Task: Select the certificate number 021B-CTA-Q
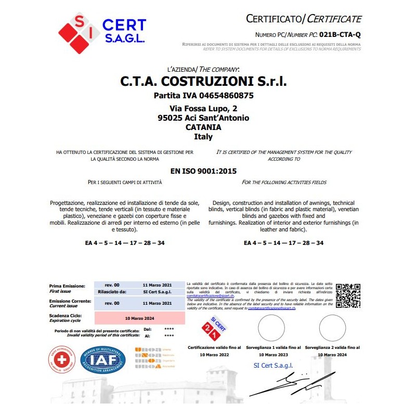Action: coord(340,35)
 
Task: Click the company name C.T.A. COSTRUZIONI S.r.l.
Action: coord(203,82)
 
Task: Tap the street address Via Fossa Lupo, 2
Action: coord(203,109)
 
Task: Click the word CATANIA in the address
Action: coord(203,127)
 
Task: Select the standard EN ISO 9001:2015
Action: coord(203,170)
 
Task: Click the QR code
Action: coord(348,295)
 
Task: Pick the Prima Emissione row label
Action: coord(67,285)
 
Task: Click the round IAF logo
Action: coord(102,360)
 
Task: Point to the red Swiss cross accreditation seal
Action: coord(62,359)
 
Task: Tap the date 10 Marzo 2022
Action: coord(214,354)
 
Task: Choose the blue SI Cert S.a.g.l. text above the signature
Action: coord(273,366)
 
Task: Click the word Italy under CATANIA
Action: coord(203,136)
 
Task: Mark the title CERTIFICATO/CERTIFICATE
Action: coord(304,19)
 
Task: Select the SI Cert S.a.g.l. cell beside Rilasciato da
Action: coord(157,292)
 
